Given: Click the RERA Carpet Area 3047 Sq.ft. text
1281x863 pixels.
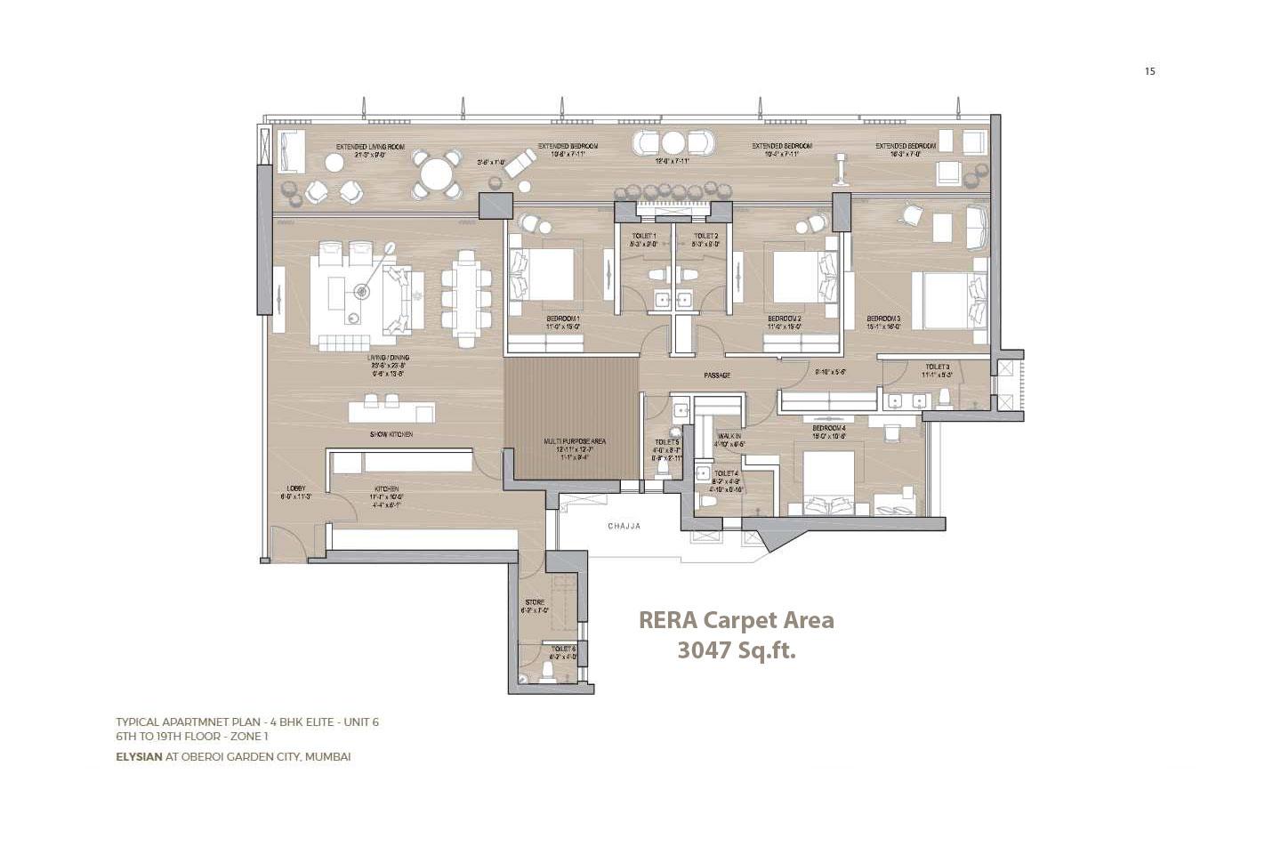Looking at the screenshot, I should pos(737,635).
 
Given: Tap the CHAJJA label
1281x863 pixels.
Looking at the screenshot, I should pos(624,527).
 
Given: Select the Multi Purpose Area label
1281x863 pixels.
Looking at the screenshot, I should pos(574,441).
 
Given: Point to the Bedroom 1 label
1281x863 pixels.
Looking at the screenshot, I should pos(562,319).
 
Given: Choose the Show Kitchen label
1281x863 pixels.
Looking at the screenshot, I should pos(391,434).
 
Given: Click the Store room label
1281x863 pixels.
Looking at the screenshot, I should pos(535,603).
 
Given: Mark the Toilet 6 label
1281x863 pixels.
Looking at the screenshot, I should pos(563,649).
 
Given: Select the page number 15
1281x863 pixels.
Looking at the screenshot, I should pos(1149,71).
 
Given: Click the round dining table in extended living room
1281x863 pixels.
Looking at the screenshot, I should pos(435,173).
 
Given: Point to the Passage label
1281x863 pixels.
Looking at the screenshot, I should pos(717,375).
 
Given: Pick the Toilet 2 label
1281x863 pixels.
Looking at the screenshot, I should pos(705,236).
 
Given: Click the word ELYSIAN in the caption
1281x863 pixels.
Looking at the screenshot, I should pos(139,757).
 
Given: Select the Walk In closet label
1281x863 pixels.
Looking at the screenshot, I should pos(729,437).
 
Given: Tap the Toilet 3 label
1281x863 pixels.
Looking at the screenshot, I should pos(937,367).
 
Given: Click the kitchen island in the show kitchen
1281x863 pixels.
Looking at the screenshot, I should pos(391,412).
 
